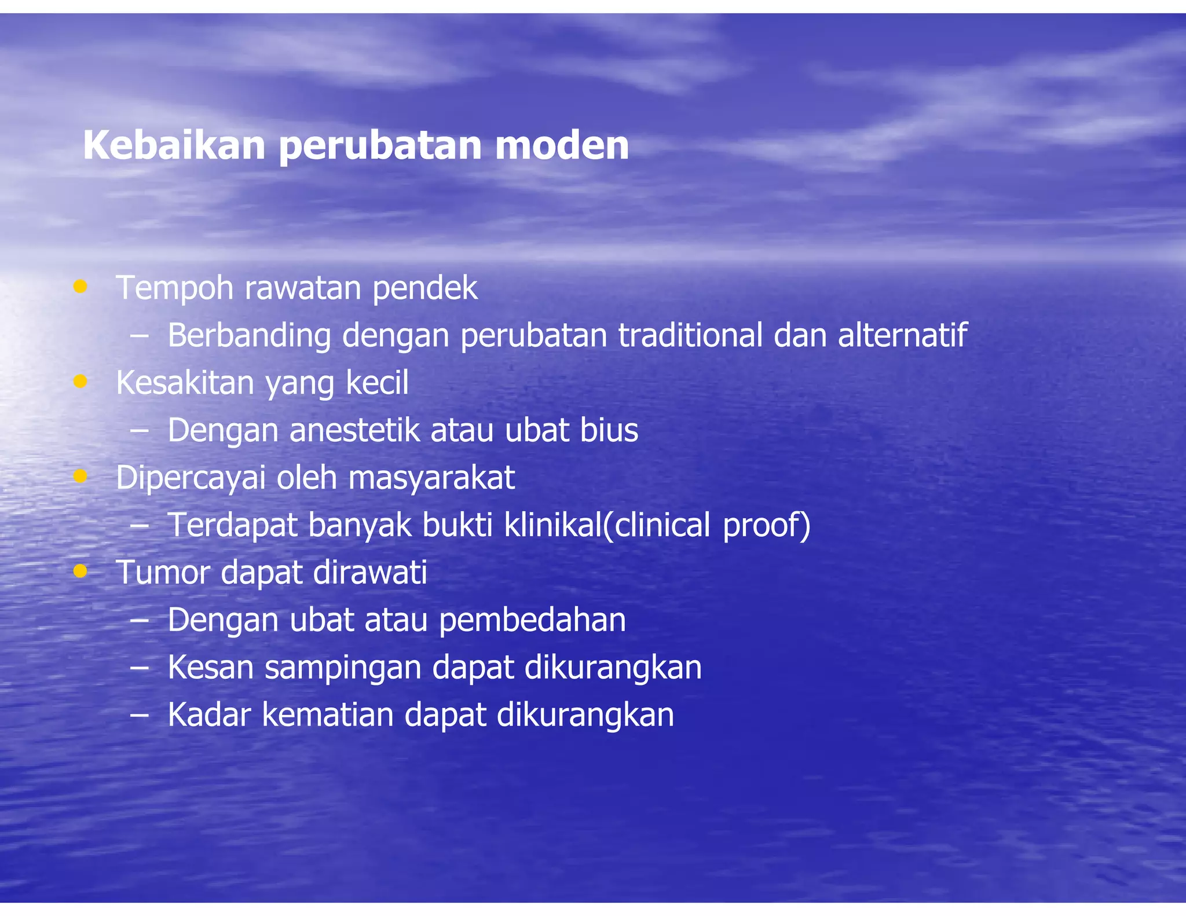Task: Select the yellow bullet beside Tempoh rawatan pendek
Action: pos(80,286)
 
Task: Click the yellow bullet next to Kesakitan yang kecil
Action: pos(80,381)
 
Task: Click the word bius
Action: pos(609,430)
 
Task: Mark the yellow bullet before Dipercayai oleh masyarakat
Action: pos(80,476)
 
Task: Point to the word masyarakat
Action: pos(431,478)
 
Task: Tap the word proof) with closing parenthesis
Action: pos(766,525)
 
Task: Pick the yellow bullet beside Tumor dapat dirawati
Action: pos(80,571)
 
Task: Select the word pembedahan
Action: pos(532,620)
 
